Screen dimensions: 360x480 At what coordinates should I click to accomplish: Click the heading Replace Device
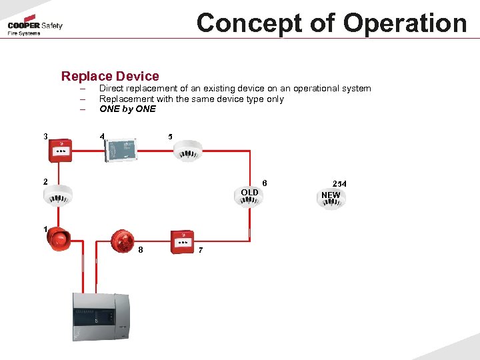click(110, 76)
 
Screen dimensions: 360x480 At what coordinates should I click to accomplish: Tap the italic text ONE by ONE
click(127, 109)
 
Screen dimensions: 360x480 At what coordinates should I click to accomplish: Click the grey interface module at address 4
click(121, 149)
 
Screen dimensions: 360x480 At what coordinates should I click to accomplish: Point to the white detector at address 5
click(187, 151)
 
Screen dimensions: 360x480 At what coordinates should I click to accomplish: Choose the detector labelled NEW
click(331, 198)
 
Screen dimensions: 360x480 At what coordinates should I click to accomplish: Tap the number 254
click(339, 183)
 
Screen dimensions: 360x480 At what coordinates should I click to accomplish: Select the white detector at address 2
click(57, 195)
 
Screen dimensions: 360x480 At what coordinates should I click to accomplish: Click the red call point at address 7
click(182, 241)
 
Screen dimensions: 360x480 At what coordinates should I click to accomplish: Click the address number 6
click(265, 183)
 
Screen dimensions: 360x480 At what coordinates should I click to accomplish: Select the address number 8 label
click(141, 250)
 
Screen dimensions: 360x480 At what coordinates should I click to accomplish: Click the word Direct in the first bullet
click(113, 89)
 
